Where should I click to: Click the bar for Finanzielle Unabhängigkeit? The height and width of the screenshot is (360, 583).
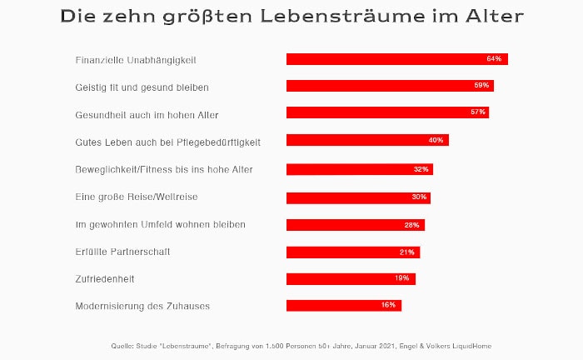[396, 59]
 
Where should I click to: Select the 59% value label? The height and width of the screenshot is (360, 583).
[481, 86]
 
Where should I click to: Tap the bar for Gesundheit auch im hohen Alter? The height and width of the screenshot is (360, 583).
[387, 112]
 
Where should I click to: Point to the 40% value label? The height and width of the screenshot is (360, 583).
[436, 140]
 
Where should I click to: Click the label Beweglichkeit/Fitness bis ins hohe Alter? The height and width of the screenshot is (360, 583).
[164, 170]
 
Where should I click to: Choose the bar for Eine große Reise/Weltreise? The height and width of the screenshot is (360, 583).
[358, 197]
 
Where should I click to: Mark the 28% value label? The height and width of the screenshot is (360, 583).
[411, 225]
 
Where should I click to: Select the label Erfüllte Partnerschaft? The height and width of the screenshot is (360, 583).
[122, 252]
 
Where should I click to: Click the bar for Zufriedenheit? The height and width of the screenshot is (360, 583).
[351, 278]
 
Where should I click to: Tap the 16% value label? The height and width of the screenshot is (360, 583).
[388, 305]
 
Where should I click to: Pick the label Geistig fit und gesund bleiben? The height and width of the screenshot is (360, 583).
[142, 87]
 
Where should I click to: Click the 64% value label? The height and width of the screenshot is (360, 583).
[494, 59]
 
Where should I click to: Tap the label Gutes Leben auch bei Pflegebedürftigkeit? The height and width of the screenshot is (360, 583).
[167, 142]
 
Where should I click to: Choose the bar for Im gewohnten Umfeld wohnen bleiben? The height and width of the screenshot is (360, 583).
[356, 225]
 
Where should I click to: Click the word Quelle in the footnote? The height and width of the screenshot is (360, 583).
[122, 345]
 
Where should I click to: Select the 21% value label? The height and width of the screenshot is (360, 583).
[406, 252]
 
